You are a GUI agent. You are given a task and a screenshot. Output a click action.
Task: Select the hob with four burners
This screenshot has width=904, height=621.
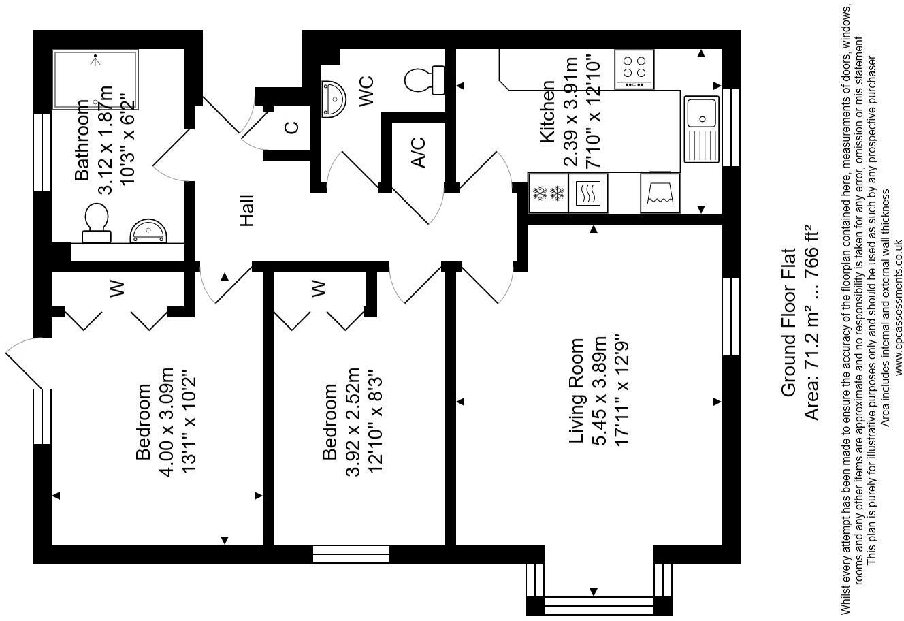(x=634, y=69)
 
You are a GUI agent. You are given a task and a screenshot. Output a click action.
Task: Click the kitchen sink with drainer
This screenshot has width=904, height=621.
(x=701, y=129)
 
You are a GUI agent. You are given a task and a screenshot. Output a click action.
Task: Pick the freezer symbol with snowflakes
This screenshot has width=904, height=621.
(x=548, y=193)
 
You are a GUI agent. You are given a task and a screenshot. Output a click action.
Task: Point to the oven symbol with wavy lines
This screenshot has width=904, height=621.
(x=588, y=193)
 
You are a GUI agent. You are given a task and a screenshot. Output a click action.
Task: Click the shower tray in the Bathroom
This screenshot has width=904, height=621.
(x=95, y=79)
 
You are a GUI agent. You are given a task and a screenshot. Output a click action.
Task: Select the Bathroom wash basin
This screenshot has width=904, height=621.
(x=147, y=231)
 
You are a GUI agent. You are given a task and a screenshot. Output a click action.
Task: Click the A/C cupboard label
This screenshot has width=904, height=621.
(x=418, y=152)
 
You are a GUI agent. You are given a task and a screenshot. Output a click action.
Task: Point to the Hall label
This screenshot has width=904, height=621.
(x=246, y=210)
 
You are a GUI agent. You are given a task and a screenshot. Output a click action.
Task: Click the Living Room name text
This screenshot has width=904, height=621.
(x=577, y=391)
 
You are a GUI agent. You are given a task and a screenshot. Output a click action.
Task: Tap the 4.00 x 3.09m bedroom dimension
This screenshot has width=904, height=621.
(x=167, y=422)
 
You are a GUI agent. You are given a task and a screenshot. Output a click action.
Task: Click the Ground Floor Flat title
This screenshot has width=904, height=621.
(x=788, y=321)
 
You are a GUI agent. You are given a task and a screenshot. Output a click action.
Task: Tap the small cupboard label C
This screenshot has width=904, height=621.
(x=291, y=127)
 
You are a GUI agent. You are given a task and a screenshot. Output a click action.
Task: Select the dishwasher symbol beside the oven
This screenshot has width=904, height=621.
(x=660, y=193)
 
